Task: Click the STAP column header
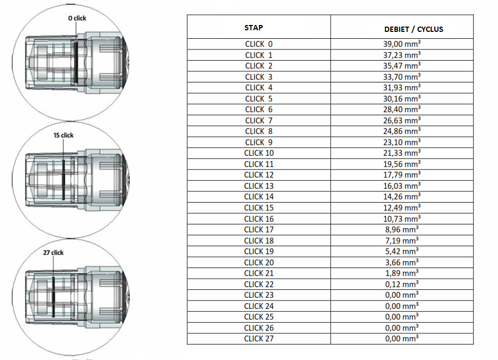click(254, 28)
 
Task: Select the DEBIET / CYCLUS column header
click(413, 29)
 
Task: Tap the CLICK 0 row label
click(258, 44)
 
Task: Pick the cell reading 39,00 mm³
click(402, 44)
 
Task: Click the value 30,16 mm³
click(402, 98)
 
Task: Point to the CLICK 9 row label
click(258, 143)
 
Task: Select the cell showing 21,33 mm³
click(402, 153)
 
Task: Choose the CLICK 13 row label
click(258, 186)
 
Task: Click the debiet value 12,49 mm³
click(402, 207)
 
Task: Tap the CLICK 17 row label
click(258, 229)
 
